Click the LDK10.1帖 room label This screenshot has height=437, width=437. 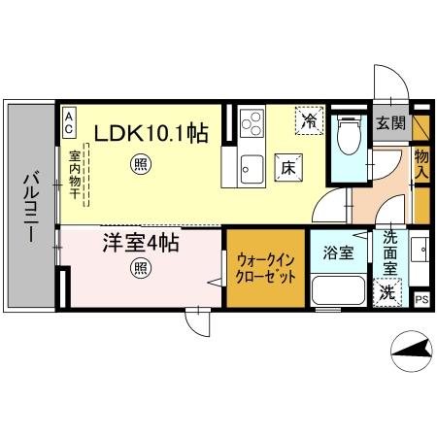[151, 132]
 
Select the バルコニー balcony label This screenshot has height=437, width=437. [30, 206]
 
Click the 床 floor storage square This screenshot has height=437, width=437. [288, 166]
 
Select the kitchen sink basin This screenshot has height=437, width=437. [251, 165]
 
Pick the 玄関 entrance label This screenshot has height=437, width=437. [390, 122]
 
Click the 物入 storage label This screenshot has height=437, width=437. [421, 162]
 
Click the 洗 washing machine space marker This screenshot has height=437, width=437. [387, 291]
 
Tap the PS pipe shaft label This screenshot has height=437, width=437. [421, 301]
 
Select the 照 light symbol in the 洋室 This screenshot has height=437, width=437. [141, 268]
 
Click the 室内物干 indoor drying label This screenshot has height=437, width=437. [75, 175]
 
